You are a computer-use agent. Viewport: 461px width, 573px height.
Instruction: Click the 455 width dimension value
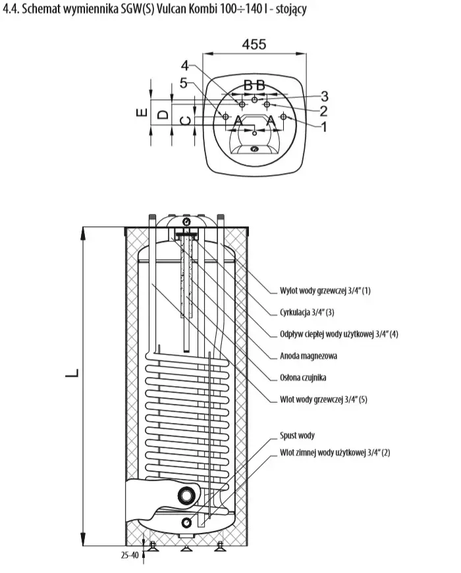[x=254, y=44]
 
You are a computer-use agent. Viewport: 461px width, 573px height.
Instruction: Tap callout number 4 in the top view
[x=185, y=66]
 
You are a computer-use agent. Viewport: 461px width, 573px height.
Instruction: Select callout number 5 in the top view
[x=184, y=84]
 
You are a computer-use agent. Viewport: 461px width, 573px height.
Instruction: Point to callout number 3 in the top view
[x=324, y=97]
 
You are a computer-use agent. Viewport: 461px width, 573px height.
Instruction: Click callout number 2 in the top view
[x=323, y=111]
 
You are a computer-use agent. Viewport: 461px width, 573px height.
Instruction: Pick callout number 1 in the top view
[x=323, y=127]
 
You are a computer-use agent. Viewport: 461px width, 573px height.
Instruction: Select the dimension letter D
[x=163, y=114]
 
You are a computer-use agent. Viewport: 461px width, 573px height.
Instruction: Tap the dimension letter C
[x=186, y=121]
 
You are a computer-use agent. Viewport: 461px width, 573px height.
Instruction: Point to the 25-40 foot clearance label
[x=130, y=555]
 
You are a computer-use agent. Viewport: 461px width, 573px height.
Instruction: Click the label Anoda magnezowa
[x=308, y=356]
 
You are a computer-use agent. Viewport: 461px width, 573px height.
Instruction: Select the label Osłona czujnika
[x=303, y=378]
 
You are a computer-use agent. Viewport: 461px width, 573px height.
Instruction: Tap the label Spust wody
[x=297, y=436]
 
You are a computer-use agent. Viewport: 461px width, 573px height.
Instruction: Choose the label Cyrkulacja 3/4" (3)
[x=307, y=312]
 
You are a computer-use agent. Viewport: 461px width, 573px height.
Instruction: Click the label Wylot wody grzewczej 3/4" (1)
[x=325, y=291]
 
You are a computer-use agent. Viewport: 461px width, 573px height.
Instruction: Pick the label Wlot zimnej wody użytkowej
[x=335, y=453]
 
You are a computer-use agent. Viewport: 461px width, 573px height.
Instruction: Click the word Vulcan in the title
[x=172, y=9]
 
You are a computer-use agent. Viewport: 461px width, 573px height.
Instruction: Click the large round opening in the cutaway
[x=187, y=495]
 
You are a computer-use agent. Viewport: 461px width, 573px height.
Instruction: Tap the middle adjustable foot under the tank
[x=186, y=549]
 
